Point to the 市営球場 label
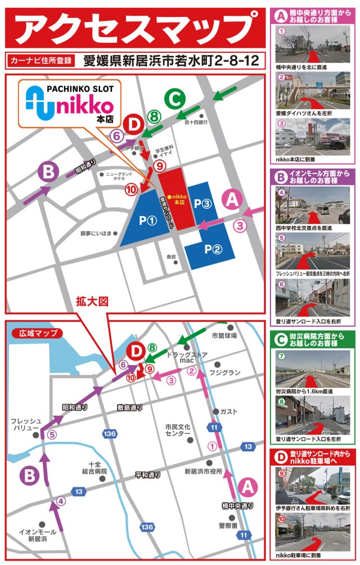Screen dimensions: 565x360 pos(224,335)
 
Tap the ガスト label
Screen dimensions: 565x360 pos(228,411)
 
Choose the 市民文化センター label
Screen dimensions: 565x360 pos(178,431)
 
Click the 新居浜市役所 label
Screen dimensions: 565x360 pos(204,471)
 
